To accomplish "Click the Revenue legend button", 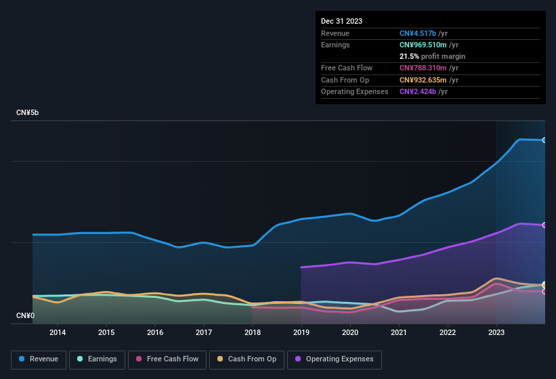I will coord(39,359).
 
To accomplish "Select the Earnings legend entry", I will coord(97,359).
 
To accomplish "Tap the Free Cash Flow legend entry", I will coord(167,359).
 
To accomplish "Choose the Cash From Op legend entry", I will coord(247,359).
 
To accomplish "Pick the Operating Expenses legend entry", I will coord(334,359).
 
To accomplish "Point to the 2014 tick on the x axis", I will coord(58,332).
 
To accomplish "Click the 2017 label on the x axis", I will coord(204,332).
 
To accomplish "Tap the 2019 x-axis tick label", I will coord(301,332).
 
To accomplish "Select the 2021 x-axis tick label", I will coord(399,332).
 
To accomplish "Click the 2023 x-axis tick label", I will coord(496,332).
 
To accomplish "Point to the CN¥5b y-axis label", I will coord(28,112).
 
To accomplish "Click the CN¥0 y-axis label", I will coord(25,315).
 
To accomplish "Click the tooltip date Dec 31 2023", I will coord(341,21).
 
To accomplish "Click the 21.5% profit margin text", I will coord(432,56).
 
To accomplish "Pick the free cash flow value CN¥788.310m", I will coord(429,68).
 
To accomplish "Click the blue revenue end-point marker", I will coord(544,140).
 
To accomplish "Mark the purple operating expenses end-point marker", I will coord(544,225).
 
